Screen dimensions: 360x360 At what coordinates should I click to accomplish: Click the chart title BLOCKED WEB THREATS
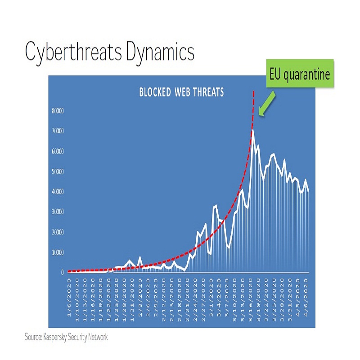(x=181, y=93)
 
